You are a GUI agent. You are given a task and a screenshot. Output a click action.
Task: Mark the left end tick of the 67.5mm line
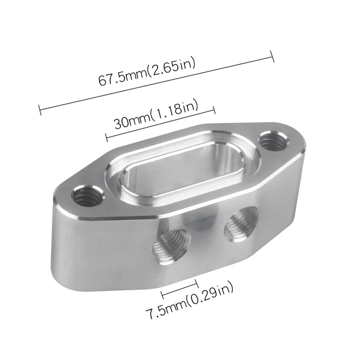point(39,109)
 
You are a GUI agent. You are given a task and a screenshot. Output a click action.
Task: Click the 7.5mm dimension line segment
point(179,289)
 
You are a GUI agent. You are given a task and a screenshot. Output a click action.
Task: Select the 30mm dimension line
point(160,124)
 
